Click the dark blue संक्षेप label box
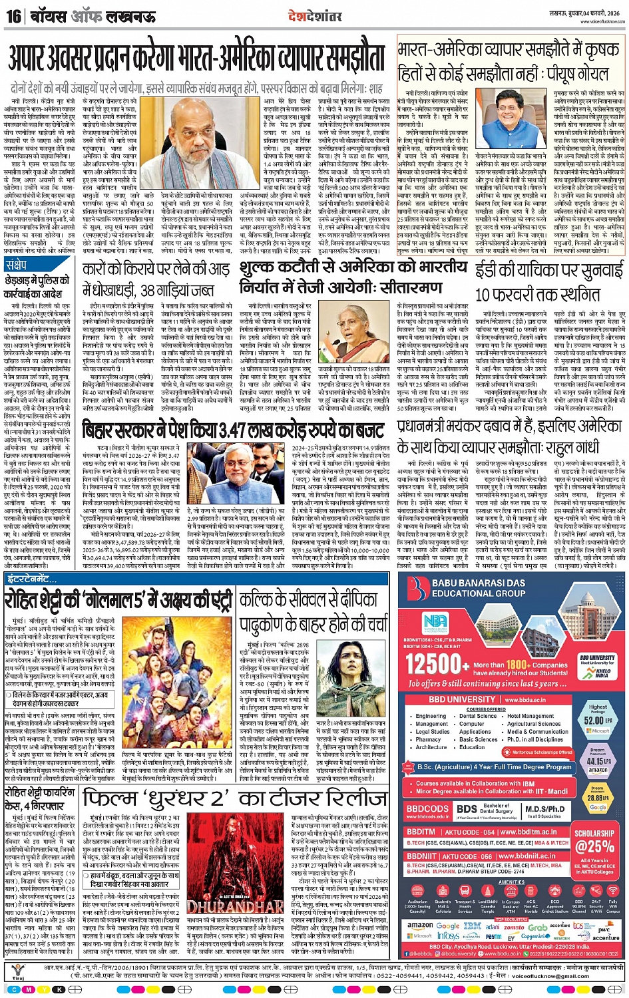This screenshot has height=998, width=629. [x=21, y=265]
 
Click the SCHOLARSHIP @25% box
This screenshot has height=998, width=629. [x=594, y=841]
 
